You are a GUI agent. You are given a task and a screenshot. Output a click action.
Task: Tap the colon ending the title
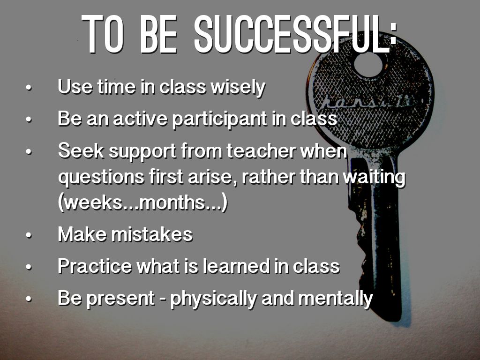tap(394, 34)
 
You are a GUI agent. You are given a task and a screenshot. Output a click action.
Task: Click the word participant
tap(219, 119)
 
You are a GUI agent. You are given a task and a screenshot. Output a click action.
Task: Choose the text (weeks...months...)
tap(143, 202)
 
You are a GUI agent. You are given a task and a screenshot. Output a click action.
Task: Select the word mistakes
tap(152, 234)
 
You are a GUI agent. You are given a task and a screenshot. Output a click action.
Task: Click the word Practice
tap(95, 266)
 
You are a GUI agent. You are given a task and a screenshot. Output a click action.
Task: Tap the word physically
tap(213, 299)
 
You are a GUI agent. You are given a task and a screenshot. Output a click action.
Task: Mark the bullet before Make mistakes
tap(29, 236)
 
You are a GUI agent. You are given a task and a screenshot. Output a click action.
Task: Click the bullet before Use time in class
tap(29, 88)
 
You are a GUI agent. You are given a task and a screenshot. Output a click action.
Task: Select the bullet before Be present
tap(29, 299)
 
